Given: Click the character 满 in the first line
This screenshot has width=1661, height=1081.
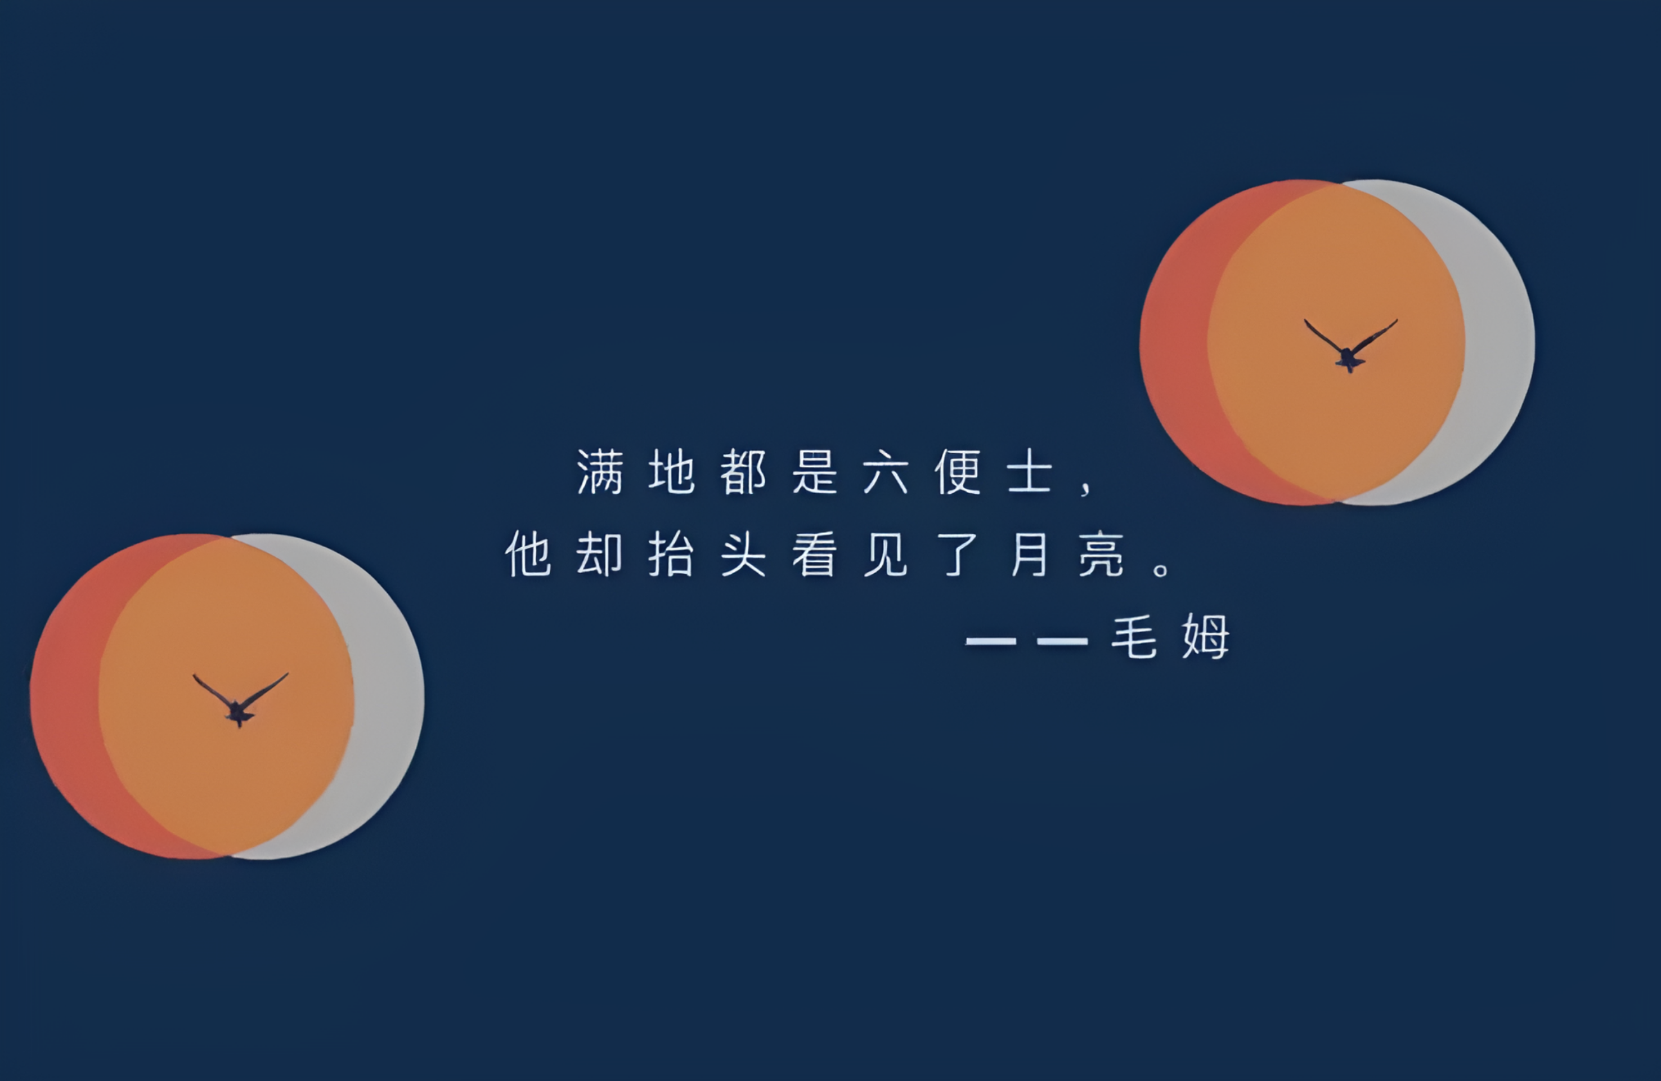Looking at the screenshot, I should pyautogui.click(x=600, y=472).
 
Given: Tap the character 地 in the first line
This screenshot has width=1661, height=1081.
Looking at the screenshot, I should pyautogui.click(x=671, y=472).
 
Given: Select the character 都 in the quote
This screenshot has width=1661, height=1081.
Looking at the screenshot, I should pyautogui.click(x=743, y=472).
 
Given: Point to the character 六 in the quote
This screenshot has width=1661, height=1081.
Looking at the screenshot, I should pyautogui.click(x=886, y=472).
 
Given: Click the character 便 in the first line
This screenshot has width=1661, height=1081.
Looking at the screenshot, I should pyautogui.click(x=958, y=472).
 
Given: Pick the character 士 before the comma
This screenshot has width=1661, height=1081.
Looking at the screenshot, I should pyautogui.click(x=1029, y=472).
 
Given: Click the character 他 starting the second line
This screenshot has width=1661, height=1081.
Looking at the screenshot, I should pyautogui.click(x=528, y=554).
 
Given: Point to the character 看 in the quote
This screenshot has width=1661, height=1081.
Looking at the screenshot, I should pyautogui.click(x=814, y=554).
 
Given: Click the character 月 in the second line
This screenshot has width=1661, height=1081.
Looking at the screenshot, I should pyautogui.click(x=1029, y=554).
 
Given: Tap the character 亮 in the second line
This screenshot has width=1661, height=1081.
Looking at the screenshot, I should pyautogui.click(x=1101, y=554).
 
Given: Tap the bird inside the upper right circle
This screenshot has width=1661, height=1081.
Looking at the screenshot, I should pyautogui.click(x=1350, y=347).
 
